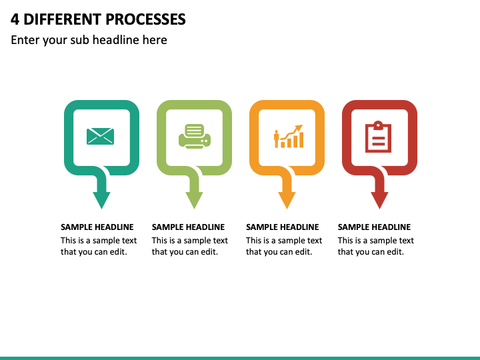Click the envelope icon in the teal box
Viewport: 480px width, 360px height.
101,136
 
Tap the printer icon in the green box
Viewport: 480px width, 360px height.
195,136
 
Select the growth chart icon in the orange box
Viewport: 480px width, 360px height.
289,136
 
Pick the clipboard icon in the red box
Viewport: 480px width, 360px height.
379,137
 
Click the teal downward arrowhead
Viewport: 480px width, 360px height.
101,200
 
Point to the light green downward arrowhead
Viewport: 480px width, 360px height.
194,200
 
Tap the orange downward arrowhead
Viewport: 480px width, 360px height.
287,200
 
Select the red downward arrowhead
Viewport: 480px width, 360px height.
379,200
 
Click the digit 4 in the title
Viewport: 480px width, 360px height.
15,19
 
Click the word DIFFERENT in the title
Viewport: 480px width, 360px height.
62,19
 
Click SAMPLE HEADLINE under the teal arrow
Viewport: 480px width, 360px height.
97,227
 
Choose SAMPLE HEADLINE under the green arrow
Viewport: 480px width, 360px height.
188,227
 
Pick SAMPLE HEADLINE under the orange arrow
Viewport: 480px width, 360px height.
283,227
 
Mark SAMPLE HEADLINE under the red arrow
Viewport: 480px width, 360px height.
374,227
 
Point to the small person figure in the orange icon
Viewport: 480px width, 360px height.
277,139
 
